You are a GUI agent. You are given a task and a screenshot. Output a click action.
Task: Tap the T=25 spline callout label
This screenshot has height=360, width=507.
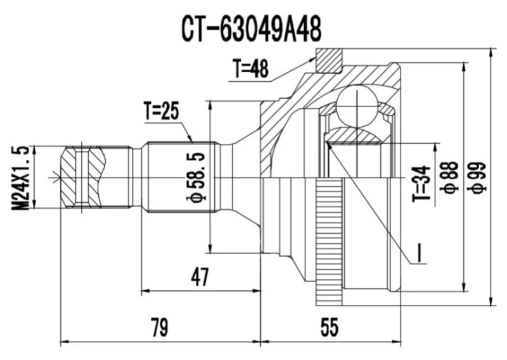pyautogui.click(x=162, y=112)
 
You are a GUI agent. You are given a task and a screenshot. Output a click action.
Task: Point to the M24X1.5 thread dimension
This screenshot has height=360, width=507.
pyautogui.click(x=21, y=177)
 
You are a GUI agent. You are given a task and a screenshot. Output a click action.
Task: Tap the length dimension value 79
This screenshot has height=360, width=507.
pyautogui.click(x=159, y=328)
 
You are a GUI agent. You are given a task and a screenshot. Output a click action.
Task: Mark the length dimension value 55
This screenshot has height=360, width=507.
pyautogui.click(x=330, y=328)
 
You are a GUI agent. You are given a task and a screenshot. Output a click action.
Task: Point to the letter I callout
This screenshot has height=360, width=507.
pyautogui.click(x=420, y=253)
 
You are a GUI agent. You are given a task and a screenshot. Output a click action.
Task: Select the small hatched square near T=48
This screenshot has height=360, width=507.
pyautogui.click(x=328, y=60)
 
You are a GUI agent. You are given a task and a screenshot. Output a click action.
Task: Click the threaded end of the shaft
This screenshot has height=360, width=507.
pyautogui.click(x=82, y=177)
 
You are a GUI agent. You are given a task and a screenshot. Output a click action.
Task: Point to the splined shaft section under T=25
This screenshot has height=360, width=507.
pyautogui.click(x=181, y=177)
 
